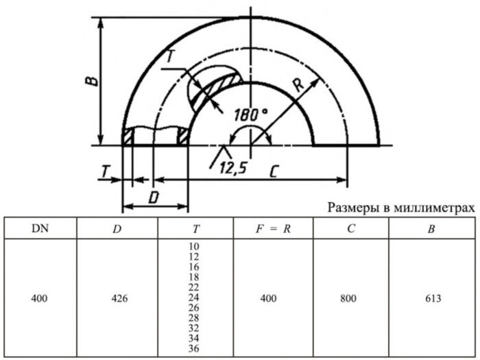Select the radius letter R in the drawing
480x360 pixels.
click(297, 85)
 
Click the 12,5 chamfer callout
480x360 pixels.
click(233, 168)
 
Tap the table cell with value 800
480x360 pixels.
click(350, 298)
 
